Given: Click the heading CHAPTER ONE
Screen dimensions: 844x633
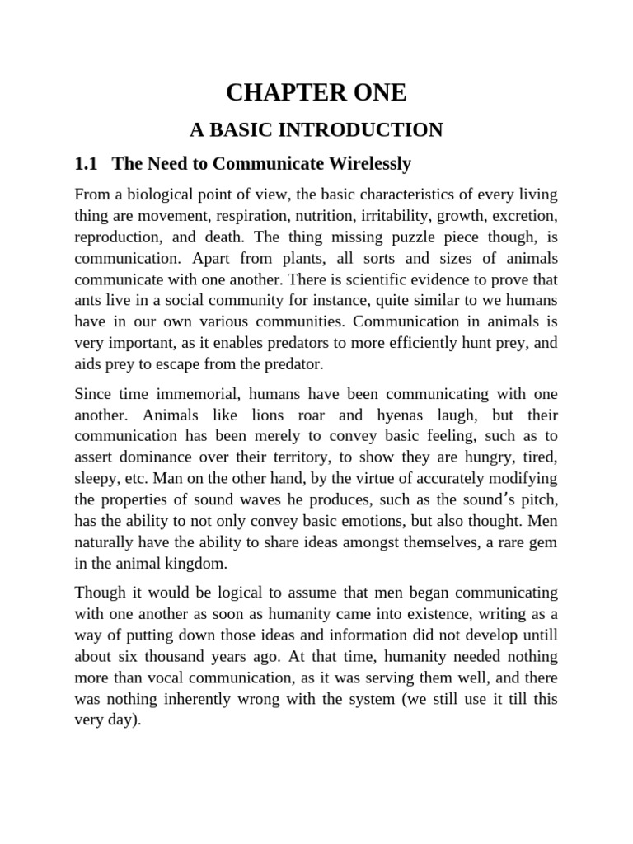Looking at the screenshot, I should pos(316,93).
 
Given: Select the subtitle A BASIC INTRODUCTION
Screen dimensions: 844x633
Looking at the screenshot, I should pos(316,129).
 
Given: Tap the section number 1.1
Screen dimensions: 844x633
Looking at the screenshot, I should pos(86,164).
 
